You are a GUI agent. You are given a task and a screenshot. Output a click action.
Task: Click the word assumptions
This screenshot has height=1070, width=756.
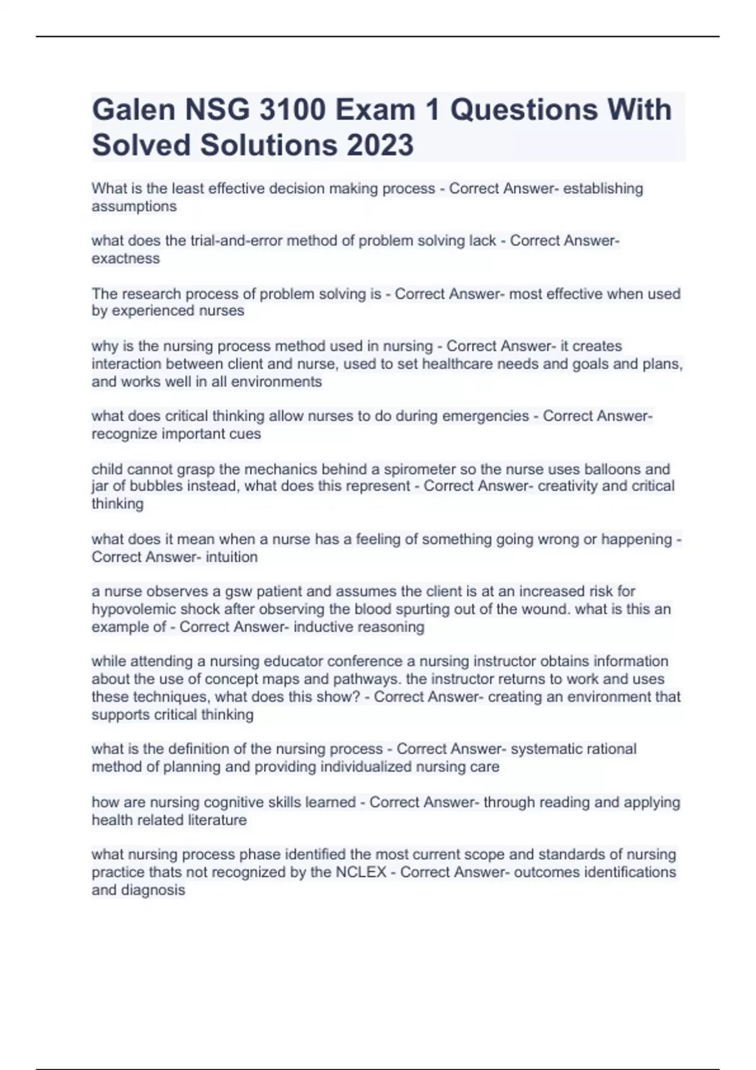(134, 206)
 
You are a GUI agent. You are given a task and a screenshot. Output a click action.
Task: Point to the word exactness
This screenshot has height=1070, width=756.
(126, 259)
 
